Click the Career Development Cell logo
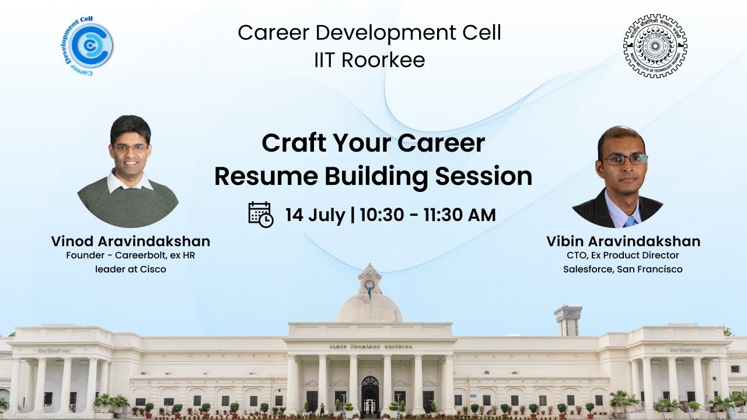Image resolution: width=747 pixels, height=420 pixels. click(x=88, y=45)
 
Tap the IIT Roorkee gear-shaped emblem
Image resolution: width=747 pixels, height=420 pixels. click(x=655, y=46)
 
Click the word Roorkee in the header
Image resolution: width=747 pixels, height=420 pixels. click(x=383, y=60)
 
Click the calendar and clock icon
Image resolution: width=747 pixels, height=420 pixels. click(x=260, y=215)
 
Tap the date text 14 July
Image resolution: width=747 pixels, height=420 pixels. click(x=315, y=215)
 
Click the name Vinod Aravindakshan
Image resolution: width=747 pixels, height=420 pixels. click(x=130, y=242)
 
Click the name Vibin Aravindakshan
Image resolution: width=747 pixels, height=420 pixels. click(x=623, y=242)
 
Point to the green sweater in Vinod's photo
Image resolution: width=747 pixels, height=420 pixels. click(x=128, y=204)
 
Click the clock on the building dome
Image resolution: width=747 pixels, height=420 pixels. click(x=369, y=285)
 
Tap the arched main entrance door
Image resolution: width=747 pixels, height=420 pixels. click(x=370, y=394)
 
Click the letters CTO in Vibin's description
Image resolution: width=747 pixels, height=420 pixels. click(x=574, y=256)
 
